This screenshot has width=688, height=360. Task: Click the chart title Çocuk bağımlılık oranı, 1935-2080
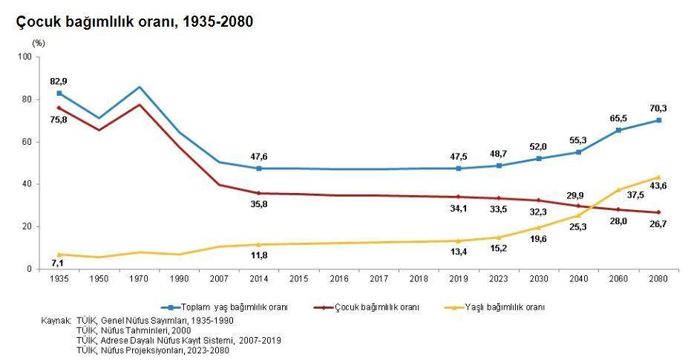pyautogui.click(x=134, y=22)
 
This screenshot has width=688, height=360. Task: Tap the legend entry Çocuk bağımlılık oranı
pyautogui.click(x=376, y=307)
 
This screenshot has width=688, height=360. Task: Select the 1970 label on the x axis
pyautogui.click(x=139, y=278)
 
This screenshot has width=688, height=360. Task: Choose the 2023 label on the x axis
pyautogui.click(x=499, y=278)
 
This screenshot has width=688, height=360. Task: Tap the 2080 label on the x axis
pyautogui.click(x=658, y=278)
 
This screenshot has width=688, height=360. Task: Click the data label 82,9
pyautogui.click(x=59, y=80)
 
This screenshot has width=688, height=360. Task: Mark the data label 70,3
pyautogui.click(x=658, y=108)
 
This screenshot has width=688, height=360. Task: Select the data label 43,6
pyautogui.click(x=658, y=186)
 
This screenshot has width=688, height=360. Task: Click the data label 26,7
pyautogui.click(x=658, y=223)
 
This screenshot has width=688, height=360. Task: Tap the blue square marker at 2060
pyautogui.click(x=618, y=130)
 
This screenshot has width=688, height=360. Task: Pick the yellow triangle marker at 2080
pyautogui.click(x=658, y=177)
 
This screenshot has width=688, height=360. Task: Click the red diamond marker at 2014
pyautogui.click(x=259, y=193)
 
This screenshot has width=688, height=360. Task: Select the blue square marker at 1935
pyautogui.click(x=59, y=93)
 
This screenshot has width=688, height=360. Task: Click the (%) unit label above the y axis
pyautogui.click(x=38, y=43)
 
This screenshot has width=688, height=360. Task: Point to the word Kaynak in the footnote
pyautogui.click(x=56, y=320)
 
